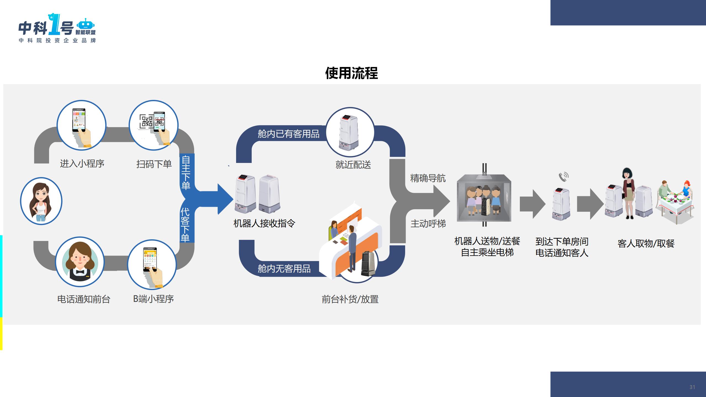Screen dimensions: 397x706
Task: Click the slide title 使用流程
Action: click(x=351, y=73)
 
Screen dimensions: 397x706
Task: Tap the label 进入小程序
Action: click(x=82, y=164)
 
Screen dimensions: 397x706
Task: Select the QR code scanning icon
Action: click(x=153, y=125)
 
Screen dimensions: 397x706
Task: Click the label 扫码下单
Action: click(x=154, y=164)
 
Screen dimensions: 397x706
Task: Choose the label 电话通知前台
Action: click(x=84, y=299)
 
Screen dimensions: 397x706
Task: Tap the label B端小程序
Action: click(x=153, y=299)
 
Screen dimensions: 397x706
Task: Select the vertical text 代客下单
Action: click(x=185, y=225)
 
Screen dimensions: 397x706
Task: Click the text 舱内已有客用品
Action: click(x=288, y=134)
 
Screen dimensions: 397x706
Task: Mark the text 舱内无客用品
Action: click(x=284, y=269)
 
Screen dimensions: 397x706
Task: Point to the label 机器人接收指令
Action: click(x=264, y=223)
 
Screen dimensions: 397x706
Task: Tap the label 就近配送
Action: click(x=353, y=165)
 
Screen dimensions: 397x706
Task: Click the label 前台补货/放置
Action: click(x=350, y=299)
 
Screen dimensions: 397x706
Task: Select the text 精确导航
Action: click(x=428, y=178)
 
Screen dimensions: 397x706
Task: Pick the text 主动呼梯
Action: click(x=428, y=224)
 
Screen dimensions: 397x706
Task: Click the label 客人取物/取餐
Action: click(x=646, y=244)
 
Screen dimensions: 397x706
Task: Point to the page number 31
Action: click(x=692, y=387)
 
